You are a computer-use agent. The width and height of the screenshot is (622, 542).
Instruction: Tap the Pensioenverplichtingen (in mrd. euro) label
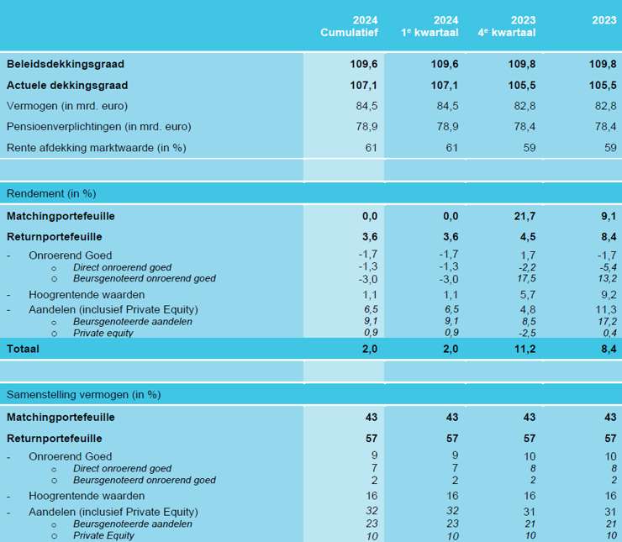(98, 127)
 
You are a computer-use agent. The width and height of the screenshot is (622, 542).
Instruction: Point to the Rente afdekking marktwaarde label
(96, 148)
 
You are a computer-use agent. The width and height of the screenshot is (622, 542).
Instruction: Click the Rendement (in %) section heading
(51, 193)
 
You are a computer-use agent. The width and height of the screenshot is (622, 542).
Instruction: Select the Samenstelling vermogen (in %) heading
(83, 394)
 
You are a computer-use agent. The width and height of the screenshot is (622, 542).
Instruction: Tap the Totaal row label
(23, 349)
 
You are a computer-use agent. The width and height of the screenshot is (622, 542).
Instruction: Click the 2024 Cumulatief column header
(349, 27)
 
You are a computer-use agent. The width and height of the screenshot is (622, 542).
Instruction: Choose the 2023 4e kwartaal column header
(511, 27)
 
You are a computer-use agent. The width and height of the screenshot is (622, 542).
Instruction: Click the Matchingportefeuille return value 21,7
(524, 216)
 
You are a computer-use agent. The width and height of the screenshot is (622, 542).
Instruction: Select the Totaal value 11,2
(524, 349)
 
